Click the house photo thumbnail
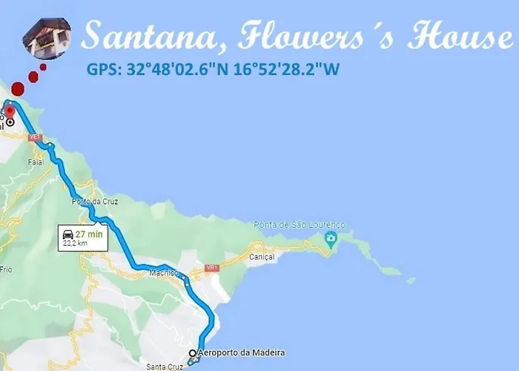[x=47, y=37]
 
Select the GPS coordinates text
[x=214, y=70]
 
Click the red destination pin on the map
[x=10, y=111]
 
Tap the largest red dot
[x=19, y=89]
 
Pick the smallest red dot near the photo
[x=43, y=67]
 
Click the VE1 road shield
[x=33, y=137]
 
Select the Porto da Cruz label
[x=91, y=202]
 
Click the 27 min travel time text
[x=89, y=233]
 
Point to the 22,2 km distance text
[x=76, y=243]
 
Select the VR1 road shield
[x=213, y=267]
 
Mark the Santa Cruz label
[x=165, y=367]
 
